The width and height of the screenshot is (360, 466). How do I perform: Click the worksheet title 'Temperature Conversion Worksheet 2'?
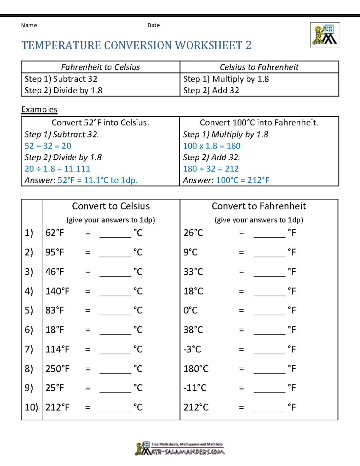pyautogui.click(x=136, y=45)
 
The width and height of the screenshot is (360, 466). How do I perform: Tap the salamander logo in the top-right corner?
pyautogui.click(x=325, y=35)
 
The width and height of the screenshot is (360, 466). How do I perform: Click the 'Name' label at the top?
pyautogui.click(x=29, y=25)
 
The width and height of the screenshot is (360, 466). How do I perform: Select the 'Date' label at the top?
pyautogui.click(x=154, y=25)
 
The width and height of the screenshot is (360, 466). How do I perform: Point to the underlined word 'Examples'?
pyautogui.click(x=39, y=110)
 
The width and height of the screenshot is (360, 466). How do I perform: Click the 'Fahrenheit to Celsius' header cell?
pyautogui.click(x=100, y=67)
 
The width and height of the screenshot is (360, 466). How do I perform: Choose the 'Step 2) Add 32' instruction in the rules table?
pyautogui.click(x=211, y=90)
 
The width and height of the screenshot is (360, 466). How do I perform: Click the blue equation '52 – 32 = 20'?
pyautogui.click(x=48, y=146)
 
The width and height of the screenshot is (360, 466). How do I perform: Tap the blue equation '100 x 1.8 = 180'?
pyautogui.click(x=212, y=146)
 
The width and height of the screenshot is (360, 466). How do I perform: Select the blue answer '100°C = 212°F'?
pyautogui.click(x=242, y=180)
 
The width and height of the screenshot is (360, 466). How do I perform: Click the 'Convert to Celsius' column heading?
pyautogui.click(x=111, y=206)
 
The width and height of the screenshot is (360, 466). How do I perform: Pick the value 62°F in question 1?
pyautogui.click(x=55, y=233)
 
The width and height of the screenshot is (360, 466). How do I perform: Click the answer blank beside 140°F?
pyautogui.click(x=115, y=292)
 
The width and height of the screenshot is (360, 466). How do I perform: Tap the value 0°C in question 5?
pyautogui.click(x=190, y=310)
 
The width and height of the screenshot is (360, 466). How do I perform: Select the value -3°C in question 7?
pyautogui.click(x=192, y=349)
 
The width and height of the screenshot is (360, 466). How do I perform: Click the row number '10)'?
pyautogui.click(x=31, y=407)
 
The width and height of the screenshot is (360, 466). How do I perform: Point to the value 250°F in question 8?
pyautogui.click(x=57, y=369)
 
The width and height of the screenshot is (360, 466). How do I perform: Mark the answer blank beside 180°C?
pyautogui.click(x=269, y=369)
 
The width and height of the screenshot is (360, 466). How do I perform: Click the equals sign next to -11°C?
pyautogui.click(x=241, y=388)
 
